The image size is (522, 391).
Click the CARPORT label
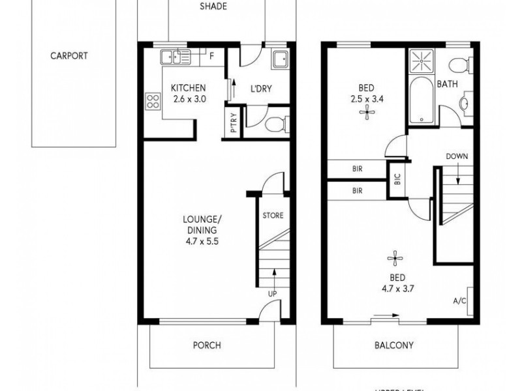[69, 56]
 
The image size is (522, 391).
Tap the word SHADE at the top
[213, 7]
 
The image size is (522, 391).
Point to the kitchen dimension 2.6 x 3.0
[188, 100]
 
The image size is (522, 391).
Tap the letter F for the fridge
[211, 56]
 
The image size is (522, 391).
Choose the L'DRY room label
[262, 89]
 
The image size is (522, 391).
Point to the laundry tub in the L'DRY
[281, 59]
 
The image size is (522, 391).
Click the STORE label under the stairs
[273, 216]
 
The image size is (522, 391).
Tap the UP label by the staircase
[272, 294]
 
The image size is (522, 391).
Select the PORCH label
[207, 345]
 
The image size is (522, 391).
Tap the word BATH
[447, 84]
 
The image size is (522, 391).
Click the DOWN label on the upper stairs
[457, 156]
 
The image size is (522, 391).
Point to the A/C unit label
[459, 302]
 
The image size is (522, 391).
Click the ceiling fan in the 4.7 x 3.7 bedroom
[393, 259]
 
